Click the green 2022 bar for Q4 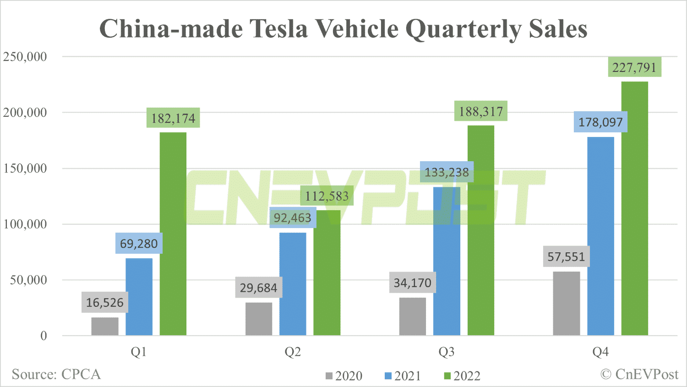click(x=634, y=208)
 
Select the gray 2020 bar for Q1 click(x=105, y=326)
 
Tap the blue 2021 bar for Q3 click(x=447, y=261)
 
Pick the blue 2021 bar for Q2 click(x=293, y=284)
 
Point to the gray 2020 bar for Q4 click(x=567, y=303)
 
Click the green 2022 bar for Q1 click(x=173, y=234)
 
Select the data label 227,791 click(x=634, y=67)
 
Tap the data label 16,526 click(x=105, y=302)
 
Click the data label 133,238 click(x=447, y=172)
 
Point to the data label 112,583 click(x=327, y=196)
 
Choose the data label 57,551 click(x=567, y=256)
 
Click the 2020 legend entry click(x=344, y=376)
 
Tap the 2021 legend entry click(x=403, y=376)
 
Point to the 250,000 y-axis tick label click(x=25, y=57)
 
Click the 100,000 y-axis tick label click(x=25, y=224)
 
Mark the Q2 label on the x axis click(x=293, y=352)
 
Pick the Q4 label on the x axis click(x=600, y=352)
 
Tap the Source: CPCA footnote click(x=56, y=374)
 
